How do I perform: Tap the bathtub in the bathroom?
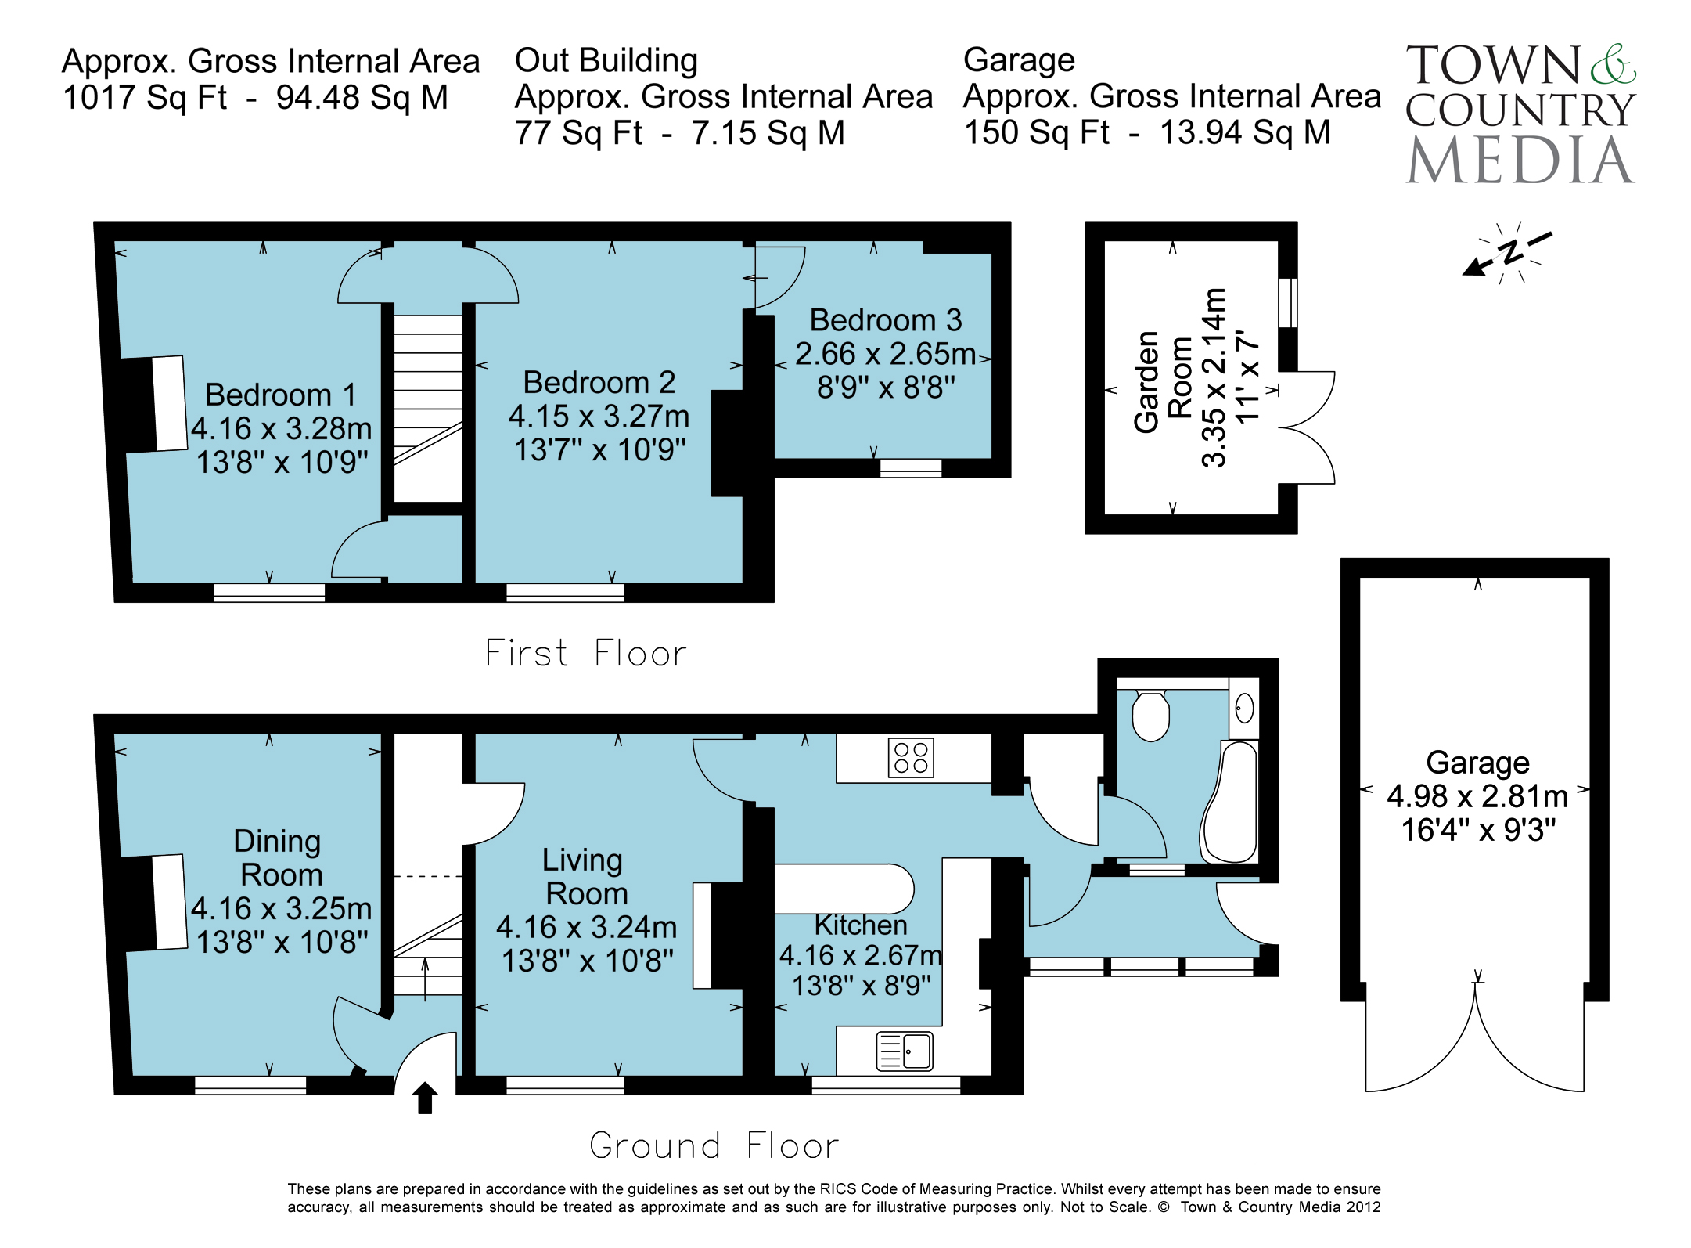(1230, 802)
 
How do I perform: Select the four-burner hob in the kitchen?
(912, 757)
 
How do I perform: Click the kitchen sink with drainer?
(905, 1051)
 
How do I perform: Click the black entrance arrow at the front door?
(425, 1097)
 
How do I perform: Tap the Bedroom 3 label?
(885, 320)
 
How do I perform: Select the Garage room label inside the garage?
(1477, 762)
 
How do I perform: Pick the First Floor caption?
(585, 653)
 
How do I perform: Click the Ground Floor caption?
(714, 1145)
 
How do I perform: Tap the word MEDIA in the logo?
(1520, 161)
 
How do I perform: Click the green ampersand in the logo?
(1613, 64)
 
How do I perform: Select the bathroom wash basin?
(1244, 709)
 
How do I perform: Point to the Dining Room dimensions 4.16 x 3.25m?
(282, 908)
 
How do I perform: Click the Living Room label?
(585, 876)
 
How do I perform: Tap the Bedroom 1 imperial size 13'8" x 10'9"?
(282, 462)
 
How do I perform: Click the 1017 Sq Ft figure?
(145, 98)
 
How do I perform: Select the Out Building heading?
(606, 60)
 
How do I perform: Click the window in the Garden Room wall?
(1287, 303)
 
